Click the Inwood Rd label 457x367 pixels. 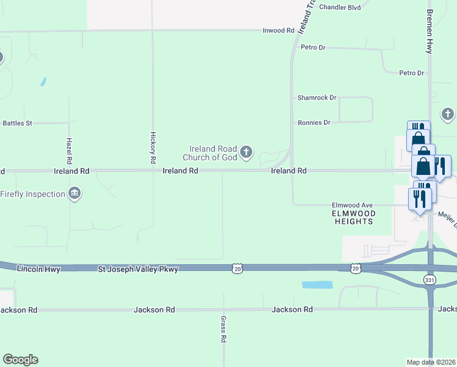pyautogui.click(x=279, y=31)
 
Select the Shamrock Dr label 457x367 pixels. pyautogui.click(x=316, y=98)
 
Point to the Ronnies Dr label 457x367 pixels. pyautogui.click(x=314, y=122)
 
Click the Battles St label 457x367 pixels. pyautogui.click(x=17, y=123)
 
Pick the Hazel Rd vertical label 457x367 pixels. pyautogui.click(x=69, y=149)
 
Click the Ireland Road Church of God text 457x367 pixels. pyautogui.click(x=213, y=153)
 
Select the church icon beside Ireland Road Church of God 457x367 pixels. pyautogui.click(x=246, y=152)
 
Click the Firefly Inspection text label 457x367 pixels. pyautogui.click(x=32, y=194)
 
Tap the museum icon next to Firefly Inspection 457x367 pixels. pyautogui.click(x=75, y=194)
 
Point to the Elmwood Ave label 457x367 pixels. pyautogui.click(x=352, y=206)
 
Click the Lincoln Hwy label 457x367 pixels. pyautogui.click(x=39, y=269)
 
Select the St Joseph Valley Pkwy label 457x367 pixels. pyautogui.click(x=138, y=269)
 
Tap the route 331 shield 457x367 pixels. pyautogui.click(x=430, y=279)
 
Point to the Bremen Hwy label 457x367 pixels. pyautogui.click(x=430, y=31)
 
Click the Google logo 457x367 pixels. pyautogui.click(x=20, y=360)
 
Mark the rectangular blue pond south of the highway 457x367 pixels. pyautogui.click(x=317, y=285)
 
